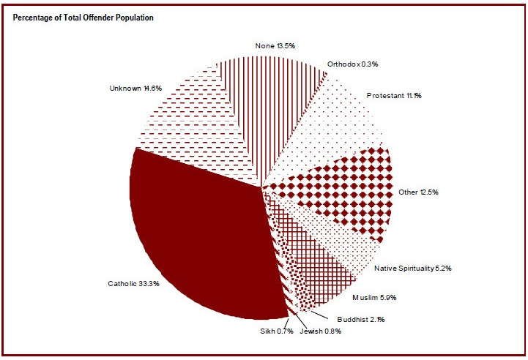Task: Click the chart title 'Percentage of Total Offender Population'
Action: [x=83, y=18]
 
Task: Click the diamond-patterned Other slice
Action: [x=344, y=190]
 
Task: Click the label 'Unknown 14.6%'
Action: [x=135, y=89]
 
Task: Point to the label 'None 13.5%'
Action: [x=276, y=46]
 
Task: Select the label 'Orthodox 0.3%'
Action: [x=352, y=64]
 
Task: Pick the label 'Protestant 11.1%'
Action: [x=395, y=95]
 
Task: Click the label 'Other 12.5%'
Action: [x=419, y=192]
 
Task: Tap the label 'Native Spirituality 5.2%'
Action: [x=413, y=269]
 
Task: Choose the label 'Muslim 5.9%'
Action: [x=374, y=298]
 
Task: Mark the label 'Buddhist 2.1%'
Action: [x=361, y=319]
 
